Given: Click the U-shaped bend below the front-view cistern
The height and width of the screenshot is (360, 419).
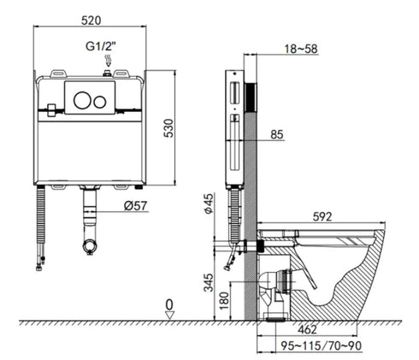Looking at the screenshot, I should (x=88, y=246).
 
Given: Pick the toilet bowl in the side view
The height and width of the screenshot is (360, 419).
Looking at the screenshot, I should (x=342, y=274).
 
